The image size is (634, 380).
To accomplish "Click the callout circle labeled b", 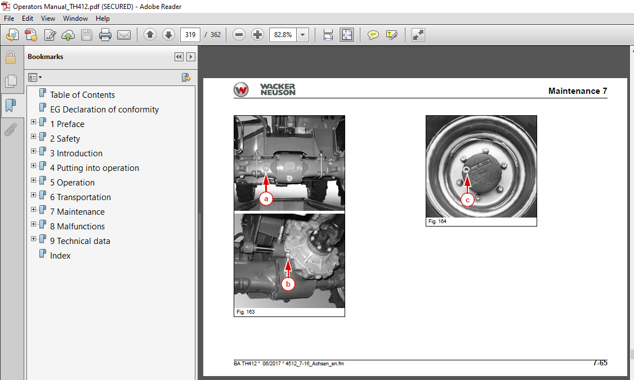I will coord(288,284).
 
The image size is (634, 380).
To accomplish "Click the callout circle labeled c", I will coord(467,199).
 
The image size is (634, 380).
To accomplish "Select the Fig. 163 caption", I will coord(246,311).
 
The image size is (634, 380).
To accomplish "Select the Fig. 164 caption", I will coord(437,221).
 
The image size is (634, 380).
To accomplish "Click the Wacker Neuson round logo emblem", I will coord(242,90).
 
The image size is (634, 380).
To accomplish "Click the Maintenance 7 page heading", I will coord(577,91).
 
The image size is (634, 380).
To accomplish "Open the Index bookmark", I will coord(60,255).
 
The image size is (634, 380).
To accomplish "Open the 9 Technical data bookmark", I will coord(80,241).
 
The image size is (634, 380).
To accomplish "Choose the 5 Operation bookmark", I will coord(72,182).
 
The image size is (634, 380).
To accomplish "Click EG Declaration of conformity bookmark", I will coord(104,109).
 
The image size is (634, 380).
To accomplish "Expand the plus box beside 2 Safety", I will coord(34,137).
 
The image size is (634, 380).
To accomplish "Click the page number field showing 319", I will coord(190,35).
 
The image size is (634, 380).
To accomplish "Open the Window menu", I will coord(75,19).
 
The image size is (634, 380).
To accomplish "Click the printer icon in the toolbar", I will coord(105,35).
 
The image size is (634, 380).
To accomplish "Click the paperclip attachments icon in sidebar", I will coord(10,130).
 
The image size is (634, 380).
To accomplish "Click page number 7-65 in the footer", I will coord(600,363).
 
